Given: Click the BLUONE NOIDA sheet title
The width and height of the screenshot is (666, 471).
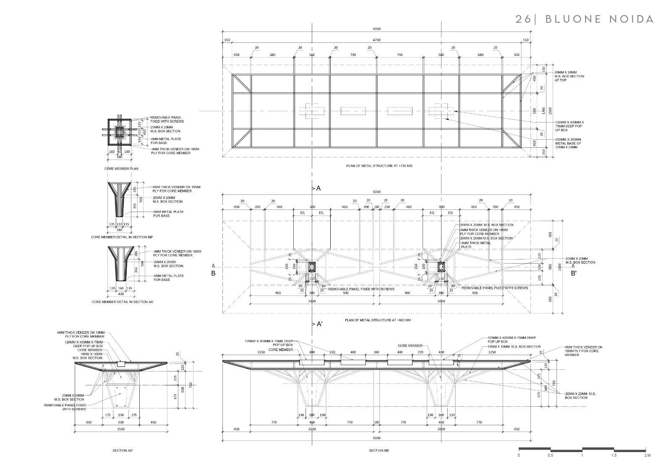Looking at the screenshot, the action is (x=585, y=19).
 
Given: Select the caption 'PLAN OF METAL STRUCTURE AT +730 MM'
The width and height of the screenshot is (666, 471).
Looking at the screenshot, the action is (x=379, y=166).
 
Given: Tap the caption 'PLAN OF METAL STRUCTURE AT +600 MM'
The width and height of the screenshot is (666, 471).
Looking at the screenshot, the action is (x=377, y=320).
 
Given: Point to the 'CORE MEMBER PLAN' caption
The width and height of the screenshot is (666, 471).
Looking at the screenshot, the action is (x=121, y=168).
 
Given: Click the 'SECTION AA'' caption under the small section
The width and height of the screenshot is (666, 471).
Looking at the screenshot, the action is (x=123, y=450).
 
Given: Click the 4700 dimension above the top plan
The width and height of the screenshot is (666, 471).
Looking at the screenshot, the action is (x=376, y=40).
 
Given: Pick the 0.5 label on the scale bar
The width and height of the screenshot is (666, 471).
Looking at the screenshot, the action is (x=550, y=455).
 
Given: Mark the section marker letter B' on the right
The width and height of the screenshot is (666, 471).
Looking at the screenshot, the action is (x=573, y=273).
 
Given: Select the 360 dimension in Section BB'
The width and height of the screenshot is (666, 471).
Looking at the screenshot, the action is (x=376, y=352).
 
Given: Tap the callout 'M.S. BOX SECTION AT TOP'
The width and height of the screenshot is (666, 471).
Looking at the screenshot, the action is (x=569, y=76).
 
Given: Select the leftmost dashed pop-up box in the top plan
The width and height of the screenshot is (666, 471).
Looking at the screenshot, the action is (x=312, y=111).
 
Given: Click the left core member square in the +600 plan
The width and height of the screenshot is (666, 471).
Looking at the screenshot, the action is (x=312, y=267).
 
